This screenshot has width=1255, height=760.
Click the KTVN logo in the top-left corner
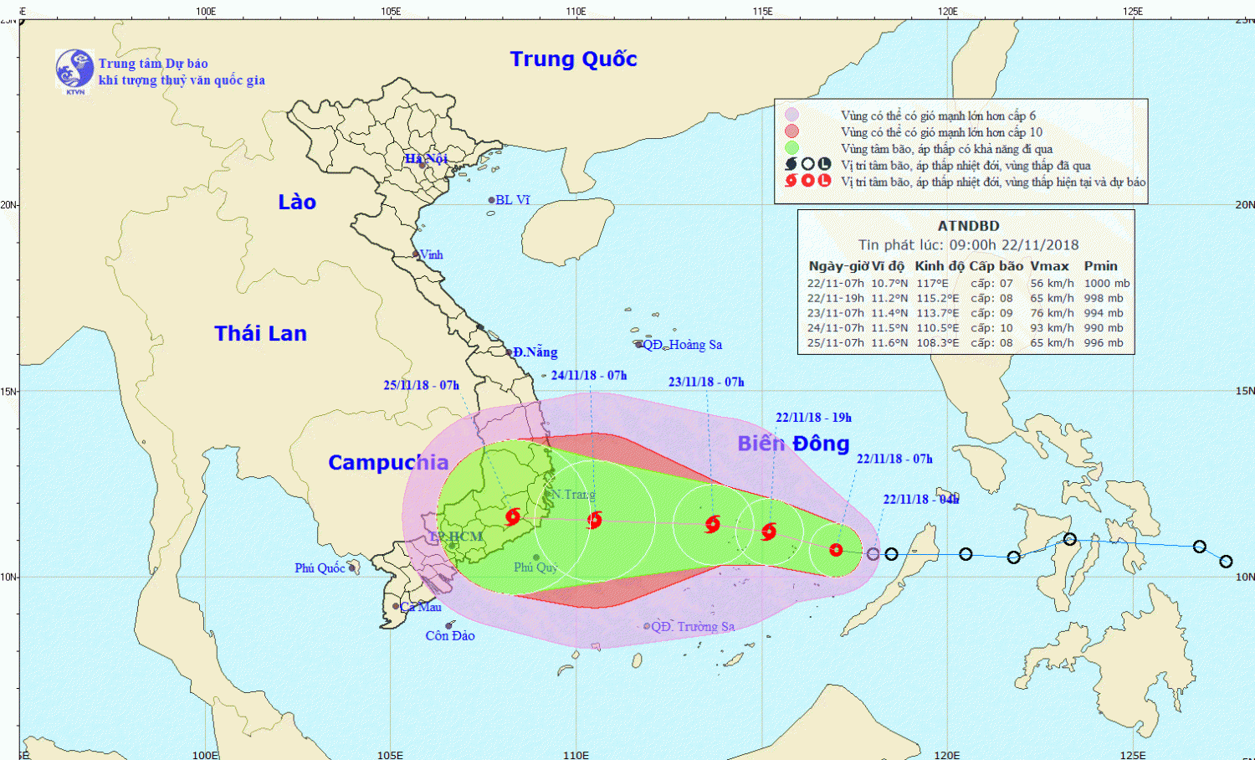[x=74, y=70]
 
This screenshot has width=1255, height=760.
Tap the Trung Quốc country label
[x=573, y=59]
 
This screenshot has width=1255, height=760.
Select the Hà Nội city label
[x=427, y=159]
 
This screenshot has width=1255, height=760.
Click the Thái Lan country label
[x=260, y=334]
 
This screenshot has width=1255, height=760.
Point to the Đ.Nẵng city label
[x=535, y=352]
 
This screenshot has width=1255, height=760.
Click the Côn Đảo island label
[x=450, y=636]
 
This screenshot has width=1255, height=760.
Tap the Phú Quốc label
[x=320, y=568]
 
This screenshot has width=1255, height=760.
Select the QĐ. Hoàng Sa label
[x=682, y=345]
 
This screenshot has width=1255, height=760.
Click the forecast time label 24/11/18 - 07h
[x=589, y=376]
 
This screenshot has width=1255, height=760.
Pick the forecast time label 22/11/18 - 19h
[x=813, y=418]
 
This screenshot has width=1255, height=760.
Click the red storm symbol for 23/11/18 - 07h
[x=712, y=525]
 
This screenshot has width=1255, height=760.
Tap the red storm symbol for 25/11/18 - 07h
[x=513, y=517]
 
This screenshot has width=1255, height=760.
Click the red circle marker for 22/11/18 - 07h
[x=836, y=550]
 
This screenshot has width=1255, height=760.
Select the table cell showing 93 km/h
[x=1052, y=328]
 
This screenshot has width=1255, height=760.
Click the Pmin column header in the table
[x=1100, y=266]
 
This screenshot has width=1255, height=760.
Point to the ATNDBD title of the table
[x=968, y=226]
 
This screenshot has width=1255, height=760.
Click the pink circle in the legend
[x=791, y=116]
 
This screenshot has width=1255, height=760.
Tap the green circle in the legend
[x=791, y=148]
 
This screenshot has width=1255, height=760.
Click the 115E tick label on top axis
[x=762, y=11]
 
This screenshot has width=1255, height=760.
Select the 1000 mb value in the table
[x=1106, y=284]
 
